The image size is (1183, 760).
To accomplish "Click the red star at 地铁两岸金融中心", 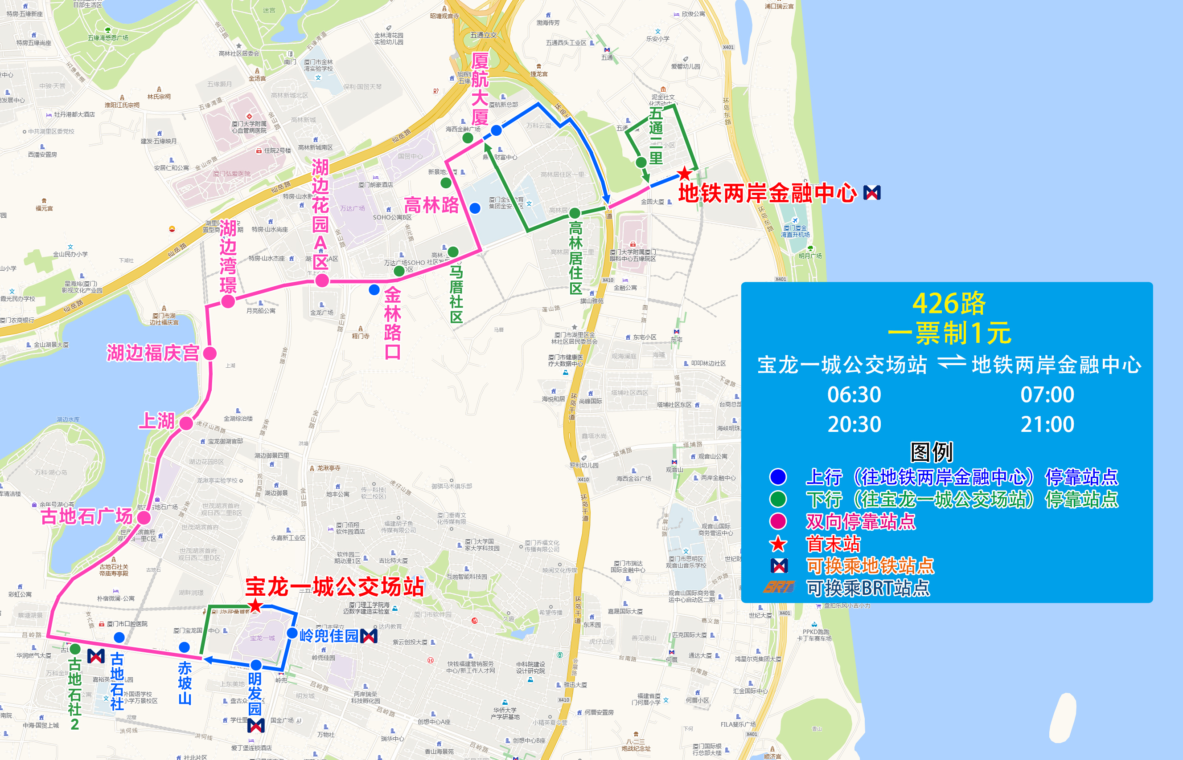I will click(684, 174).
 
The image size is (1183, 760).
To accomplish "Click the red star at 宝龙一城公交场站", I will click(255, 606).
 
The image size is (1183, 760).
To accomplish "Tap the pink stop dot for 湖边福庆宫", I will click(210, 354).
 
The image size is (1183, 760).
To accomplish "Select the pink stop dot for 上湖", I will click(186, 423).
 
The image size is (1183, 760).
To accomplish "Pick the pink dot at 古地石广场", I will click(144, 518).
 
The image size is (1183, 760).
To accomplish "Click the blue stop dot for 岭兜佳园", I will click(292, 633).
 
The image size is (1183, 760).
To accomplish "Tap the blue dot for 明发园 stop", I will click(256, 665).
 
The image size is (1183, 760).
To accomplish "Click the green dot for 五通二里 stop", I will click(641, 162).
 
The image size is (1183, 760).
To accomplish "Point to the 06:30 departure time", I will click(854, 395).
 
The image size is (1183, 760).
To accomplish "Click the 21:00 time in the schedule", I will click(1047, 424).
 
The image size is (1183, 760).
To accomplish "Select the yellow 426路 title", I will click(949, 303).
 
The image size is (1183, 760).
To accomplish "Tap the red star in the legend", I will click(778, 544).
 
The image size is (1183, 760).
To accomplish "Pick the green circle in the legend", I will click(778, 500).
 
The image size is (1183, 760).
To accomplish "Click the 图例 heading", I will click(932, 451).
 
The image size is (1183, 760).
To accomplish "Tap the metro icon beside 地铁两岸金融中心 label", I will click(872, 193).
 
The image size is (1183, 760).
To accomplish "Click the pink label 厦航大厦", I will click(480, 89).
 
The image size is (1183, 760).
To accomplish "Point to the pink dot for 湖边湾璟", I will click(228, 301).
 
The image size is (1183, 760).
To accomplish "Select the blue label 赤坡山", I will click(185, 683).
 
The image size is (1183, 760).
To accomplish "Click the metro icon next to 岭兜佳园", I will click(369, 636).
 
